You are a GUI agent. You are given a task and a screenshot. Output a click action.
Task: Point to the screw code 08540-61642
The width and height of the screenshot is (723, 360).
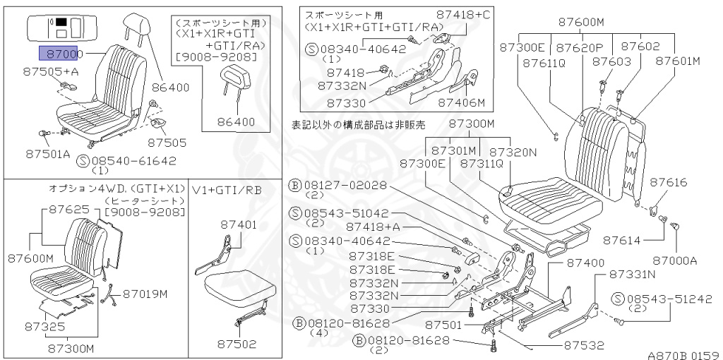[133, 161]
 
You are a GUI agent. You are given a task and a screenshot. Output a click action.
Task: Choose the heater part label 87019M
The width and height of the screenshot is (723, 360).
[145, 293]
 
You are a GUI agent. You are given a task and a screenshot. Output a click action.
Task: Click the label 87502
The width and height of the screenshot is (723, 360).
[237, 344]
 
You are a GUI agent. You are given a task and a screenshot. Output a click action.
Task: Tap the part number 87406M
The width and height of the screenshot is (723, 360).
[462, 103]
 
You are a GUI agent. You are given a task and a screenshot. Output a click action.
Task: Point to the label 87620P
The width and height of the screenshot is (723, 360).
[579, 47]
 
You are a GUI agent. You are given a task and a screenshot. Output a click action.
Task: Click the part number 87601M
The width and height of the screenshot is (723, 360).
[677, 61]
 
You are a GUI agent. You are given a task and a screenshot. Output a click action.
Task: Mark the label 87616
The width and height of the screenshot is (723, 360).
[668, 183]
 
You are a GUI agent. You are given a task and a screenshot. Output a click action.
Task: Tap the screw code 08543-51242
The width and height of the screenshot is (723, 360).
[668, 298]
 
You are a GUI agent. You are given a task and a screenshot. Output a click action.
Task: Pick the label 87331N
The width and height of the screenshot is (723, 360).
[632, 273]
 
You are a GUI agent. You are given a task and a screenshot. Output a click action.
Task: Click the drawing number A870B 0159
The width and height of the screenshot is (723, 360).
[681, 354]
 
